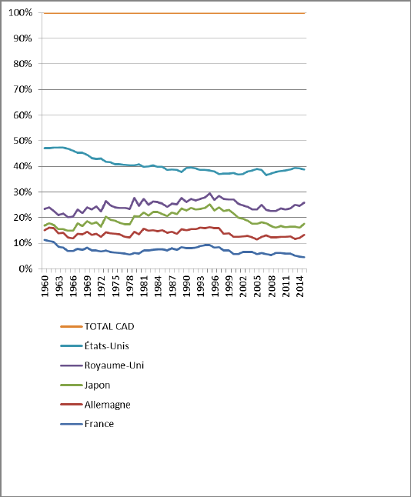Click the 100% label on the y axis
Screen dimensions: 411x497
coord(21,12)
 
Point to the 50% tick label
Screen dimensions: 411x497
coord(22,141)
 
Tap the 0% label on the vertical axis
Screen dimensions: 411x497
coord(25,269)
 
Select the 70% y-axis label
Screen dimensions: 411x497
coord(22,89)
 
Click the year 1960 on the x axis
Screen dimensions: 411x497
coord(45,286)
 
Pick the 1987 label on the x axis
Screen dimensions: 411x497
coord(172,286)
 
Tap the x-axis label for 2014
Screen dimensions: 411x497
coord(300,286)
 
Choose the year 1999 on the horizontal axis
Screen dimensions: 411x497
coord(229,286)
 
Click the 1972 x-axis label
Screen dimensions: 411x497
coord(102,286)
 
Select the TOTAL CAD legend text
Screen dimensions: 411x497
coord(109,326)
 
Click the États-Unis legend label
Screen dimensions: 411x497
coord(106,345)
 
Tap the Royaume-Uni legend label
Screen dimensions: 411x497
coord(114,365)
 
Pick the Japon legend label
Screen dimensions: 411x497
coord(97,385)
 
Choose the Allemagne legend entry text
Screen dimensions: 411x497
coord(108,405)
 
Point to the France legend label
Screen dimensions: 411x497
coord(99,424)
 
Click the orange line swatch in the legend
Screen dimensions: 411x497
coord(72,326)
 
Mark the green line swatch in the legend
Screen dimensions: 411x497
coord(72,385)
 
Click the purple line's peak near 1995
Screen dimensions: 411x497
coord(209,193)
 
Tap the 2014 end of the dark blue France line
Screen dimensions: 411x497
coord(304,257)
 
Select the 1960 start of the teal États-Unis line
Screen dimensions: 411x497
coord(45,148)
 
